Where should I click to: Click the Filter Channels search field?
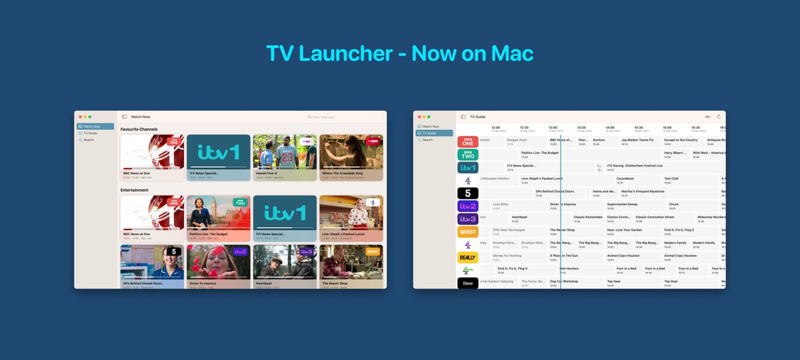pyautogui.click(x=333, y=117)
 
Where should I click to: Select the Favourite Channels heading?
pyautogui.click(x=139, y=129)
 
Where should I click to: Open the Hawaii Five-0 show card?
pyautogui.click(x=285, y=158)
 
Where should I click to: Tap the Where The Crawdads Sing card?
pyautogui.click(x=351, y=158)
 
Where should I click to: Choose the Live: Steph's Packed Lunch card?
pyautogui.click(x=351, y=218)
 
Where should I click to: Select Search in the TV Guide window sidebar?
pyautogui.click(x=427, y=140)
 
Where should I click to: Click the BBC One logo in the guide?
pyautogui.click(x=468, y=141)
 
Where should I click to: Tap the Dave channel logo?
pyautogui.click(x=468, y=283)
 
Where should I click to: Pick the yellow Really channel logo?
pyautogui.click(x=468, y=257)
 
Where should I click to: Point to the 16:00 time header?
pyautogui.click(x=667, y=128)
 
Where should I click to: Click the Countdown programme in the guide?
pyautogui.click(x=625, y=179)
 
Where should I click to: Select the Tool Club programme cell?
pyautogui.click(x=671, y=179)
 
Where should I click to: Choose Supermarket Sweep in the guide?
pyautogui.click(x=623, y=205)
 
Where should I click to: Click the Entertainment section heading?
pyautogui.click(x=135, y=190)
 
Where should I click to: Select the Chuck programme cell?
pyautogui.click(x=674, y=205)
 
